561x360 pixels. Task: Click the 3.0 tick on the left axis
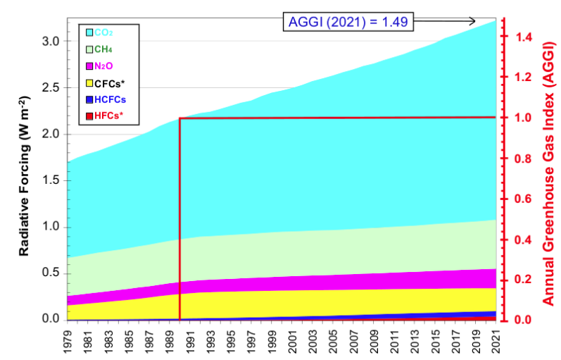point(49,42)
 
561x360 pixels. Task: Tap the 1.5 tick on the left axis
point(49,180)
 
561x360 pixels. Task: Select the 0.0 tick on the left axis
point(49,319)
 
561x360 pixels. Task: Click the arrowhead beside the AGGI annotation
point(472,20)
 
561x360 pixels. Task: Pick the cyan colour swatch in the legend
point(89,32)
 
